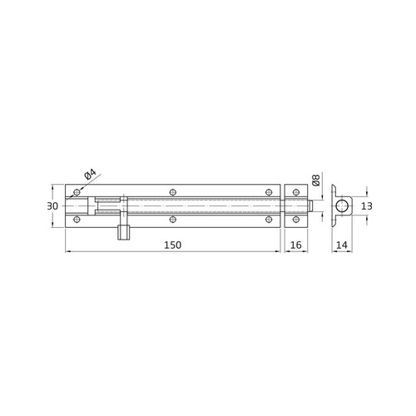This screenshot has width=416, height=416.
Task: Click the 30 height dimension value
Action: (x=52, y=206)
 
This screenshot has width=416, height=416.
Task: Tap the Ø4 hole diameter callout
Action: (x=91, y=175)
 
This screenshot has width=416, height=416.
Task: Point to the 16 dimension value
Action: (x=295, y=245)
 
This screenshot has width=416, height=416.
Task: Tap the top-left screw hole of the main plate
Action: (x=77, y=191)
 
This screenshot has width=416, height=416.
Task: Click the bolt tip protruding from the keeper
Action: (x=310, y=206)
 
